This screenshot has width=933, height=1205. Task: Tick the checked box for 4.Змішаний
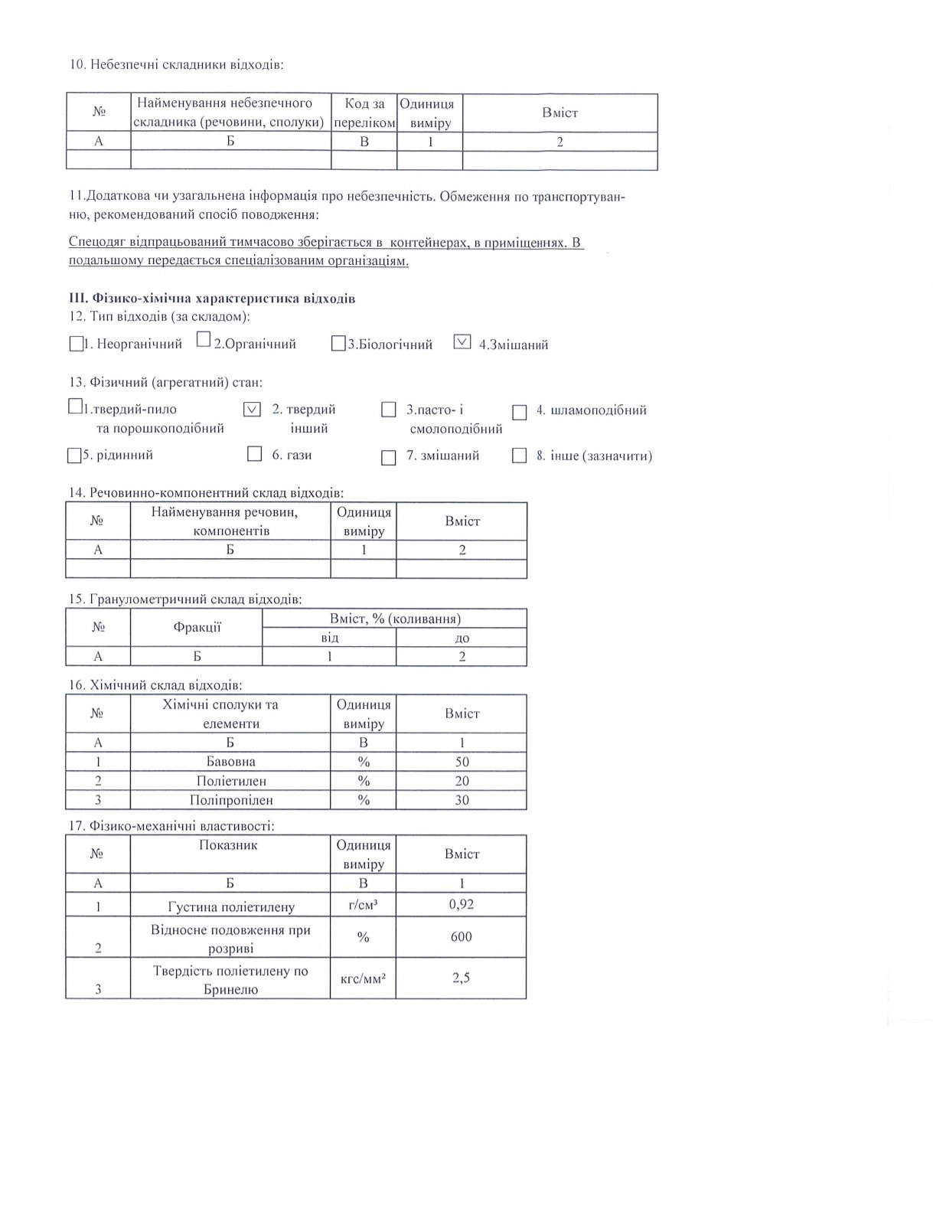[462, 342]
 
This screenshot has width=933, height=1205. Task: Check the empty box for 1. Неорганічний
[75, 345]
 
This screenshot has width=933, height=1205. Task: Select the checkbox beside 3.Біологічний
[338, 345]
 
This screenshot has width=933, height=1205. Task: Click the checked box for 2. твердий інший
[252, 410]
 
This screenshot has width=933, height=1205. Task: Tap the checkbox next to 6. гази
[255, 455]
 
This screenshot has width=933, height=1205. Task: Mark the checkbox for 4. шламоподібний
[520, 413]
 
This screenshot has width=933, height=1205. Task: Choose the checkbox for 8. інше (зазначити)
[520, 456]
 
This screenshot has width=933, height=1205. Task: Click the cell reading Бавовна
[230, 762]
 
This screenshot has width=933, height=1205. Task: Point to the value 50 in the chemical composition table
[462, 762]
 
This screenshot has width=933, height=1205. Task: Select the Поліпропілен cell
[230, 800]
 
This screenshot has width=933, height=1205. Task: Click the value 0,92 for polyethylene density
[462, 904]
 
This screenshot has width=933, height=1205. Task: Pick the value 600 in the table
[462, 937]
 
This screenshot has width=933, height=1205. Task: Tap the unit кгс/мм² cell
[363, 978]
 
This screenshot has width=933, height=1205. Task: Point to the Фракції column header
[197, 628]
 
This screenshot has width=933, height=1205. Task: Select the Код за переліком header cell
[364, 113]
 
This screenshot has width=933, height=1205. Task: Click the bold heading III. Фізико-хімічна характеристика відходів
[212, 299]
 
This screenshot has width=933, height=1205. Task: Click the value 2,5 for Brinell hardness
[462, 978]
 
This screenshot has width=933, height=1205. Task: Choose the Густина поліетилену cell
[230, 907]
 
